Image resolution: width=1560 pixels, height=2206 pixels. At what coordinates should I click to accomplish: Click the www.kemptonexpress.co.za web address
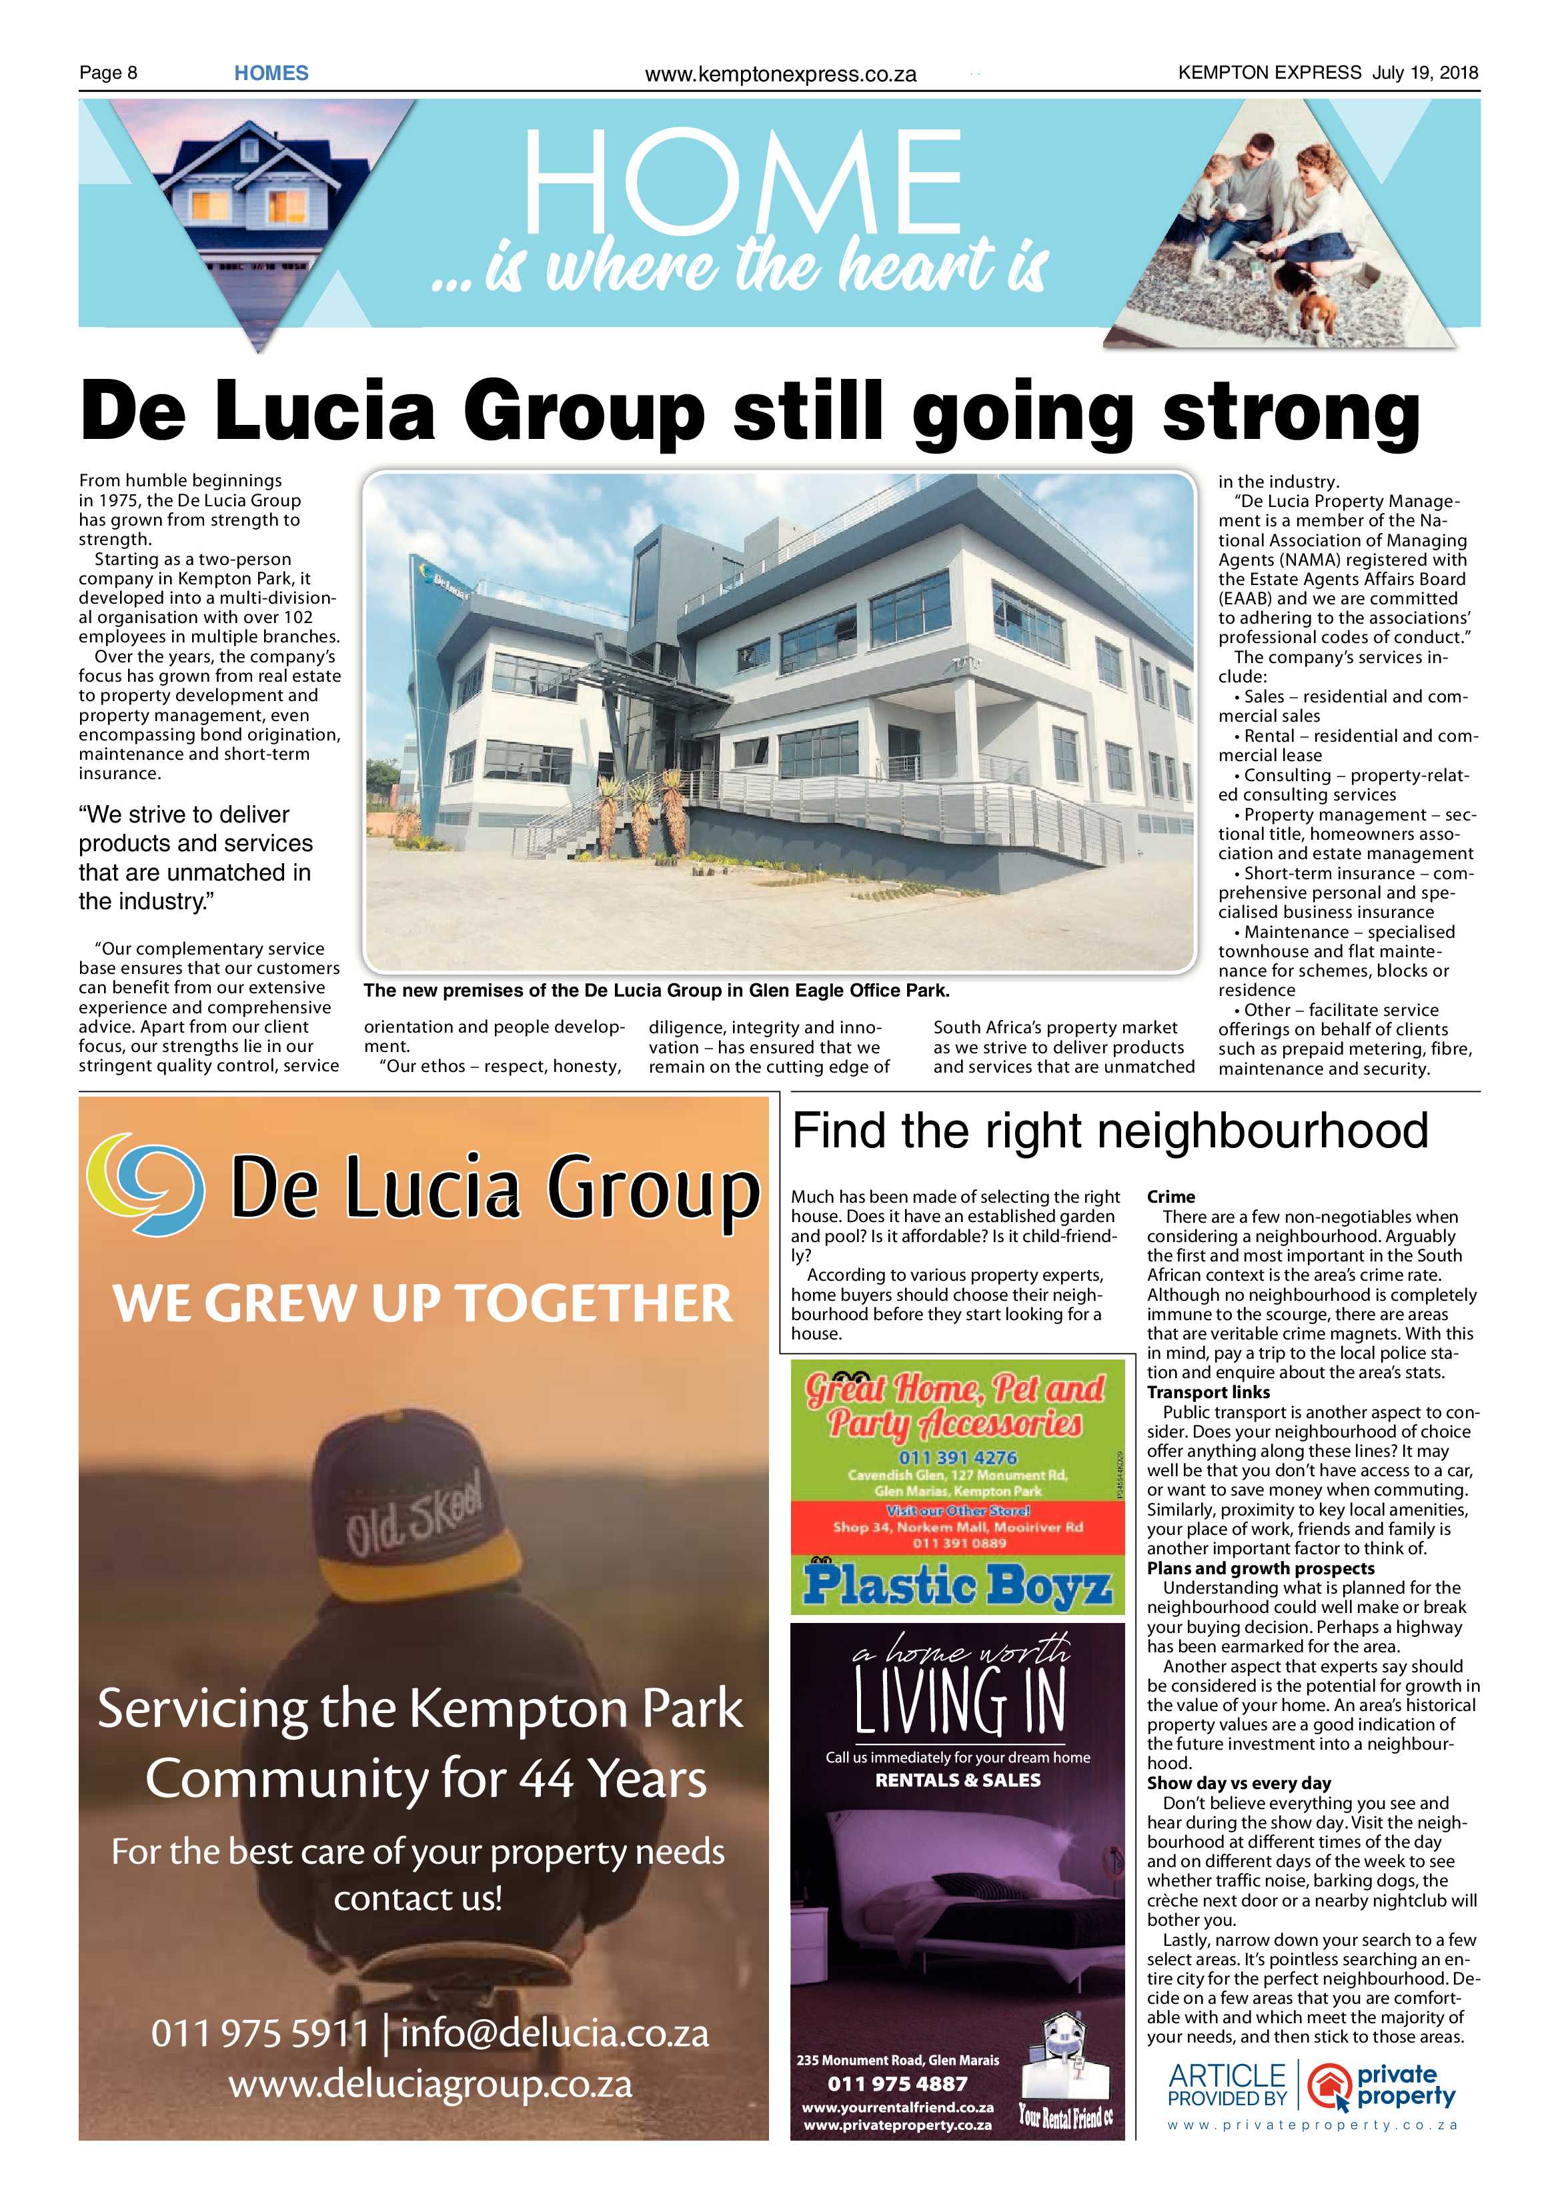click(x=780, y=74)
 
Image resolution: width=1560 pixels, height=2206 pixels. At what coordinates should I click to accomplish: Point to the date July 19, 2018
click(x=1425, y=72)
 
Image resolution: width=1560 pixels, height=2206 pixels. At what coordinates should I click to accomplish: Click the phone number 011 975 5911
click(x=259, y=2033)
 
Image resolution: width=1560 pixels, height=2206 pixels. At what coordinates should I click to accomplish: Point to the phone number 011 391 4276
click(x=957, y=1457)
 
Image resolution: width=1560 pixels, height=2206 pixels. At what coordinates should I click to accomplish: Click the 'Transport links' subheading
click(x=1207, y=1392)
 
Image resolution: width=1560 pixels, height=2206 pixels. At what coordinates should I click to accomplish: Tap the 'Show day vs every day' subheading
click(x=1239, y=1783)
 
